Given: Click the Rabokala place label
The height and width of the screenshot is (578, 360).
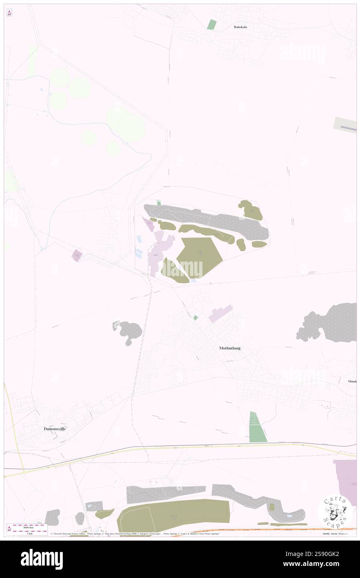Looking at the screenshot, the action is click(240, 27).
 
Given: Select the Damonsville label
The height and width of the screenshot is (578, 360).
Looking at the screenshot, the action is click(55, 428).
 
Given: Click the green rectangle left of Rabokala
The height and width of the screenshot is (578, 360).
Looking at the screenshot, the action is click(212, 24).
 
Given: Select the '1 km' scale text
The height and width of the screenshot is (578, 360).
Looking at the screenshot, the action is click(30, 534).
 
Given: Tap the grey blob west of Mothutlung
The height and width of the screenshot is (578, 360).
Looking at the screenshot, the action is click(128, 331).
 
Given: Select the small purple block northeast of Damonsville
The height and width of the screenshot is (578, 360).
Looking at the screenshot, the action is click(77, 255).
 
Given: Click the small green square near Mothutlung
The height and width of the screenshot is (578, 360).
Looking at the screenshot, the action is click(195, 318).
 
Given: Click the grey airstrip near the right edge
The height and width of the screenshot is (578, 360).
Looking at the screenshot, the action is click(345, 125).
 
